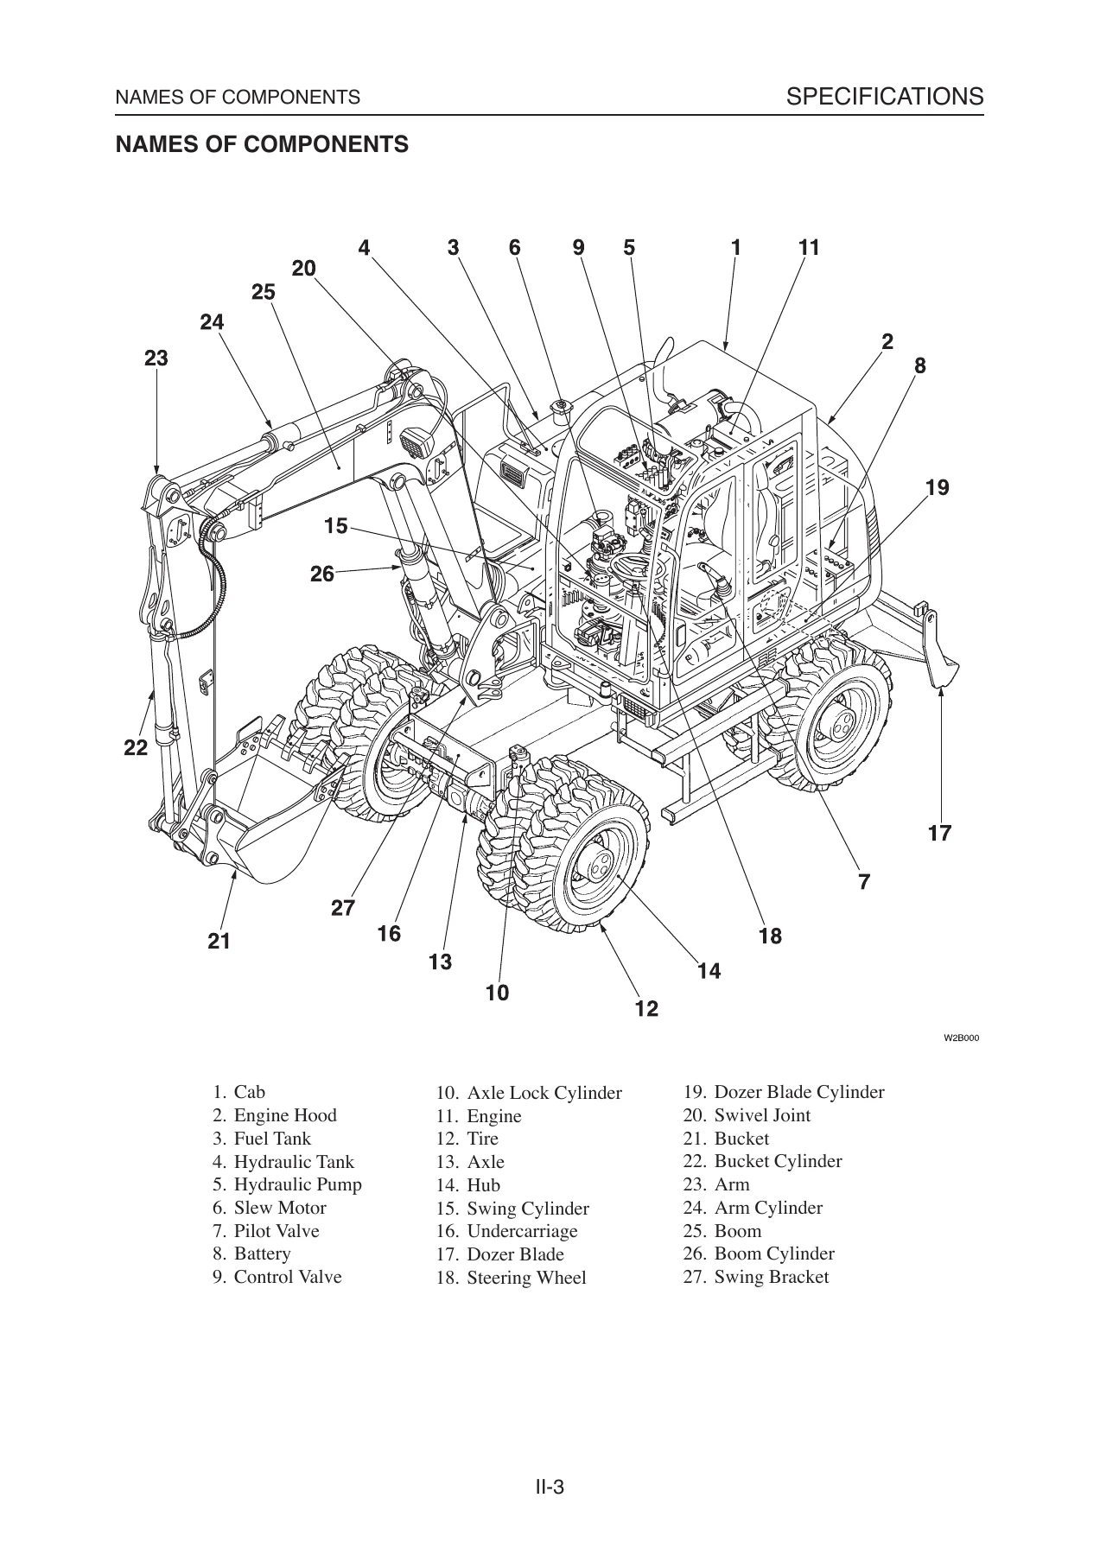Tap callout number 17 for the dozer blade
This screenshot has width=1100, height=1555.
click(x=939, y=834)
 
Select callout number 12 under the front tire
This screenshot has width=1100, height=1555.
click(x=646, y=1009)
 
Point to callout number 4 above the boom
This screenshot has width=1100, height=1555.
click(x=364, y=248)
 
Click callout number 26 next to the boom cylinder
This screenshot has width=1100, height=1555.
click(x=321, y=574)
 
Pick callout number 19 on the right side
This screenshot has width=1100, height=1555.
click(x=937, y=488)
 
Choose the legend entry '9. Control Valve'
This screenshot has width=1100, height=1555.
click(x=277, y=1277)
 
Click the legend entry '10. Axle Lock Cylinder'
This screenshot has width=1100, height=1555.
click(x=529, y=1093)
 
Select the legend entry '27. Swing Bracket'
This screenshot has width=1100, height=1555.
click(x=755, y=1277)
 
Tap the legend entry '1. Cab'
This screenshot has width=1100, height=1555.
click(x=238, y=1092)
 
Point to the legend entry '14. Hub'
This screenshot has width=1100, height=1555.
click(x=468, y=1185)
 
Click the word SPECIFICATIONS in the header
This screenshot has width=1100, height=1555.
click(x=885, y=96)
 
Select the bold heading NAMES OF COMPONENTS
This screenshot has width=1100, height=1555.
click(x=262, y=144)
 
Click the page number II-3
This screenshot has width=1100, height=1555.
click(x=550, y=1438)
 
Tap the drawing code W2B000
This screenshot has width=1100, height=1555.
click(x=960, y=1038)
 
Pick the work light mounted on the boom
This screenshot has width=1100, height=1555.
click(x=417, y=442)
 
